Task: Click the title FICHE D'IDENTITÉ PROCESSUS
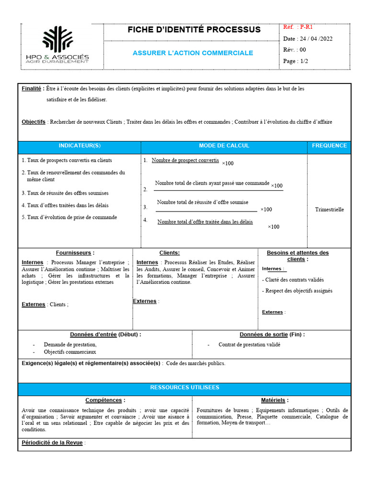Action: click(194, 30)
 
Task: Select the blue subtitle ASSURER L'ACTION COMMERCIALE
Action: click(193, 53)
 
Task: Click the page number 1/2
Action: click(303, 61)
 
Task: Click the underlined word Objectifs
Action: click(34, 122)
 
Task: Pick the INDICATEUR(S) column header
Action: click(80, 146)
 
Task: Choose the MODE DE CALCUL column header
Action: click(224, 146)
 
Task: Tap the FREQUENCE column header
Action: click(329, 146)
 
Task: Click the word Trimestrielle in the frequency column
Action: click(329, 210)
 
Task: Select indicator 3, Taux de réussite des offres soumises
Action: click(65, 193)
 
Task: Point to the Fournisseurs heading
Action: click(75, 253)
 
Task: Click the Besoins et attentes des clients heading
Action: click(298, 256)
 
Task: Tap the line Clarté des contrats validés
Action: click(293, 280)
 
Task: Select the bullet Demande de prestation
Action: click(70, 345)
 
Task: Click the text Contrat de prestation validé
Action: click(249, 345)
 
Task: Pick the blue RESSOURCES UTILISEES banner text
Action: click(184, 387)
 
